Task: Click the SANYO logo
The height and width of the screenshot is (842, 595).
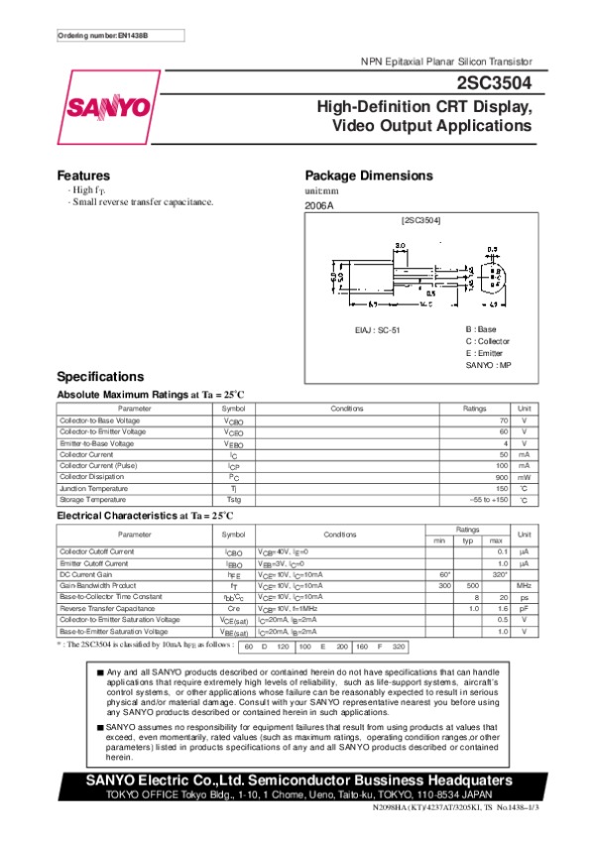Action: (109, 107)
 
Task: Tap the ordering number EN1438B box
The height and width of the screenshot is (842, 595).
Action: (103, 36)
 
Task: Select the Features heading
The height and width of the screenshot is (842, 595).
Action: (82, 175)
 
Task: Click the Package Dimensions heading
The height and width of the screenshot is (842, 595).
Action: (368, 175)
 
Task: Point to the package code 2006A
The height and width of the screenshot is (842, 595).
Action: (319, 205)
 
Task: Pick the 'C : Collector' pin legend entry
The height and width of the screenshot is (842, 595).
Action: (487, 340)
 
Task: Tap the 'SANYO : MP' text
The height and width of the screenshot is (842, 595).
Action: (487, 365)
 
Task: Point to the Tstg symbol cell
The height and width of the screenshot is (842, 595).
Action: (233, 499)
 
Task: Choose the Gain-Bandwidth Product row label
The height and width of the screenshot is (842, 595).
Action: (97, 586)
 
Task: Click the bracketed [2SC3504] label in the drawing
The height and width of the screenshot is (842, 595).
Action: (420, 218)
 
